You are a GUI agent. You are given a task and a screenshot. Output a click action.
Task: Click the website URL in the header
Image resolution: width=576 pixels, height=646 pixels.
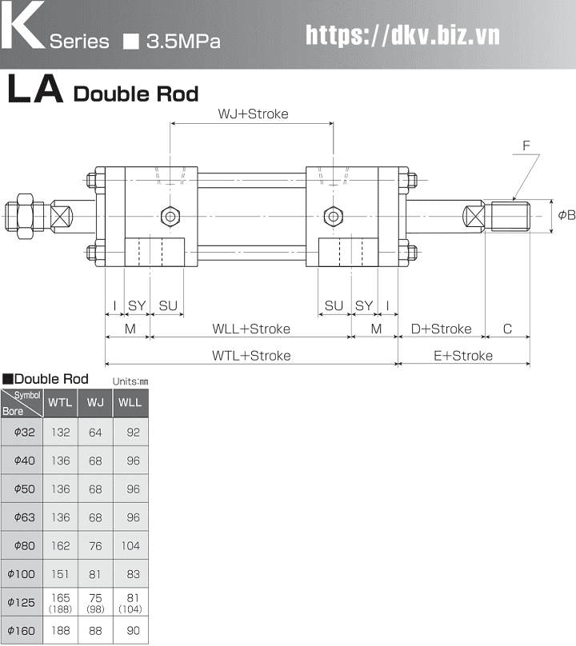pyautogui.click(x=402, y=35)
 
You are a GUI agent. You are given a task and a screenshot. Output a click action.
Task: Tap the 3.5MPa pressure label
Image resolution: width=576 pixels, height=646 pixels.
pyautogui.click(x=183, y=42)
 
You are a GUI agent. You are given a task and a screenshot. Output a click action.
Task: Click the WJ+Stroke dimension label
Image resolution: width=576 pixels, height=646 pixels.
pyautogui.click(x=253, y=114)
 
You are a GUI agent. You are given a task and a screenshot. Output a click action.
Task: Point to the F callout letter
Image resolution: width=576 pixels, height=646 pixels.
pyautogui.click(x=526, y=146)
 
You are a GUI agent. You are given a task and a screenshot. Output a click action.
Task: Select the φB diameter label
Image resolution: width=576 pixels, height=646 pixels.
pyautogui.click(x=566, y=215)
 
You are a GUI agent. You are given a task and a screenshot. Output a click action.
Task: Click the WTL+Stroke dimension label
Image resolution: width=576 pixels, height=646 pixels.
pyautogui.click(x=251, y=356)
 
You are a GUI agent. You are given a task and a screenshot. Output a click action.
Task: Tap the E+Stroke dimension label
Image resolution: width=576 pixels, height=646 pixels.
pyautogui.click(x=463, y=356)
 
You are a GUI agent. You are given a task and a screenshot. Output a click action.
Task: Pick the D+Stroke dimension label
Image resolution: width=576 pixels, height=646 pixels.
pyautogui.click(x=441, y=329)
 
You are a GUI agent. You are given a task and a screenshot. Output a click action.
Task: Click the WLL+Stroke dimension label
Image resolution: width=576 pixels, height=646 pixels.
pyautogui.click(x=251, y=329)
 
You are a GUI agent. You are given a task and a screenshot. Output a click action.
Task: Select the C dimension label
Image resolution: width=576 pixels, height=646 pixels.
pyautogui.click(x=507, y=329)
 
